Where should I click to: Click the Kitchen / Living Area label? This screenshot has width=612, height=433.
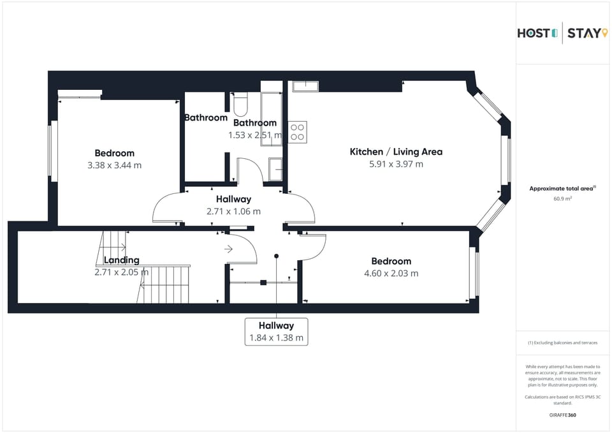click(x=396, y=152)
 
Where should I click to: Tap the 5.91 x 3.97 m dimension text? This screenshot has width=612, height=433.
click(x=396, y=165)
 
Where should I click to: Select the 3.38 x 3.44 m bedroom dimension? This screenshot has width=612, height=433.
click(x=115, y=165)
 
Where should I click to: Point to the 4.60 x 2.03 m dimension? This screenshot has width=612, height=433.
click(x=391, y=274)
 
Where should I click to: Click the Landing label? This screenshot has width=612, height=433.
click(x=121, y=260)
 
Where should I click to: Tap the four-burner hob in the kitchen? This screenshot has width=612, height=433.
click(x=297, y=132)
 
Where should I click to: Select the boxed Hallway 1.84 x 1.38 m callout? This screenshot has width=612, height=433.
click(x=277, y=332)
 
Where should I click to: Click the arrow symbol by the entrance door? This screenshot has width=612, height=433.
click(x=228, y=249)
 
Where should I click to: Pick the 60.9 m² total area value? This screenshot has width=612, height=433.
click(x=562, y=199)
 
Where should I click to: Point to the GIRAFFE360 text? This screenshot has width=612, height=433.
click(x=562, y=415)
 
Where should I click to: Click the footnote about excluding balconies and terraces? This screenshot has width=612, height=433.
click(x=562, y=343)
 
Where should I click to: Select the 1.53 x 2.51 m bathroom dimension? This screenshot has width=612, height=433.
click(x=254, y=135)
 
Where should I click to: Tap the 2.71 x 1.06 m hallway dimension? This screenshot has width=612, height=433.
click(x=233, y=212)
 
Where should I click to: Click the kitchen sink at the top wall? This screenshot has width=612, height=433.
click(x=305, y=85)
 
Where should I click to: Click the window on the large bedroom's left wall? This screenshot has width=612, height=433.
click(x=54, y=151)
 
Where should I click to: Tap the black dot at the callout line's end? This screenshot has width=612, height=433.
click(x=277, y=256)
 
